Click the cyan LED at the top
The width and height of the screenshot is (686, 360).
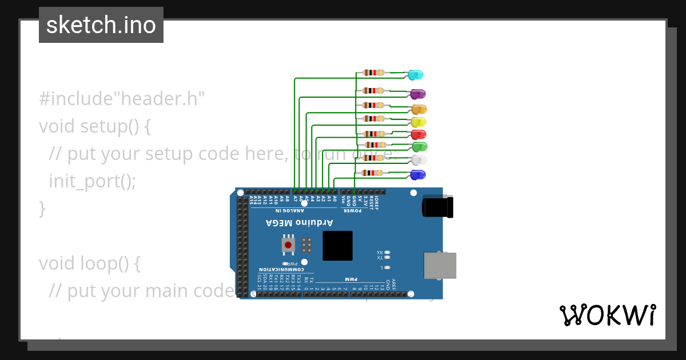pos(416,75)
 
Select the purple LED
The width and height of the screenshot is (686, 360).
pos(418,94)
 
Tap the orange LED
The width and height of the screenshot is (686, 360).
pos(420,109)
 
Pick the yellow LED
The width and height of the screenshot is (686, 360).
pos(419,122)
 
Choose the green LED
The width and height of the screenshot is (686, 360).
pos(420,147)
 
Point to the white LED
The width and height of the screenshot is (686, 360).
pos(420,160)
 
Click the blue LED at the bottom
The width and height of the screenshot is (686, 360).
pos(418,175)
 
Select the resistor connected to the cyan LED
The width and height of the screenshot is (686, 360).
pos(373,73)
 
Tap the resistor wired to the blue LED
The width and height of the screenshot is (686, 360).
pos(372,173)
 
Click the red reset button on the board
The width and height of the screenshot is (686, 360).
pos(288,245)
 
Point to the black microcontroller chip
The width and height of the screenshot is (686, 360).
pos(337,246)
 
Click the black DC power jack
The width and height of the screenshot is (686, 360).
pos(437,206)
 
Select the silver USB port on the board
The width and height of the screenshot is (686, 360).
pos(440,265)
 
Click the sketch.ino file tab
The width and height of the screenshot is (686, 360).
pos(101,25)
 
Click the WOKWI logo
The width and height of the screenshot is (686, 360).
pos(607,315)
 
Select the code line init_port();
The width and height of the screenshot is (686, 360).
pos(93,181)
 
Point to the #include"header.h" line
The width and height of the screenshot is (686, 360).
pos(122,99)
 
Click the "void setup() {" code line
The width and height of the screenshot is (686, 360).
pos(95,126)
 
